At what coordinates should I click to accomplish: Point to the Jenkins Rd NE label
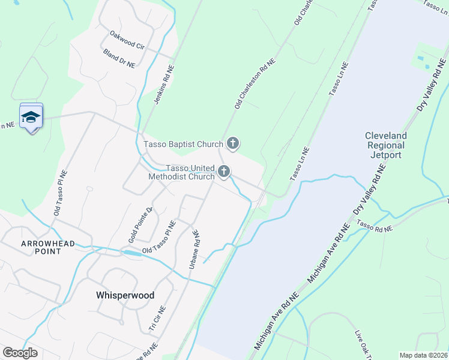tap(158, 83)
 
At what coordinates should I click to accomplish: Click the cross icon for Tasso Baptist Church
tap(233, 143)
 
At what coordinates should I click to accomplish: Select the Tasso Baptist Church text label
tap(183, 144)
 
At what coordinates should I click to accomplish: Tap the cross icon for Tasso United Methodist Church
tap(224, 172)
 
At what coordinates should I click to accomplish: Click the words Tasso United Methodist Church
tap(181, 172)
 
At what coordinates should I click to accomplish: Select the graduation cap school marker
tap(31, 118)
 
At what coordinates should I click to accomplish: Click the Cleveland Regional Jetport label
tap(385, 145)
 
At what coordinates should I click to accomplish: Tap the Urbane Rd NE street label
tap(193, 248)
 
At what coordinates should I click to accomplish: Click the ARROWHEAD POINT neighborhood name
tap(41, 247)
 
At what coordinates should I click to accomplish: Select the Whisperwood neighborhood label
tap(125, 295)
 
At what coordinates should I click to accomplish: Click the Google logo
tap(20, 353)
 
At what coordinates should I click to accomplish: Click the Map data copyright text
tap(423, 355)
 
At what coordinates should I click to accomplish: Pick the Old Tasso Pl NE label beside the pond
tap(158, 238)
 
